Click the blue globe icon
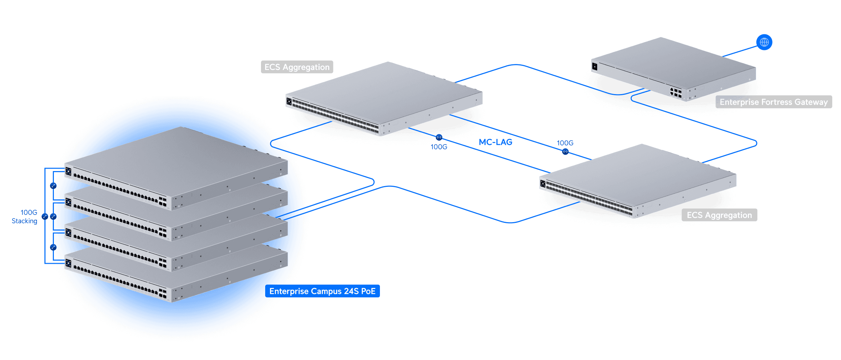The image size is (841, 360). tap(764, 42)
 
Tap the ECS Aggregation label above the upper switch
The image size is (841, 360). tap(297, 67)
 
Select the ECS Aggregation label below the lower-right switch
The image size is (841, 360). tap(719, 215)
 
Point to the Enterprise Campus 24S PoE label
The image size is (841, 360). tap(322, 291)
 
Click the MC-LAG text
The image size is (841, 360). tap(495, 142)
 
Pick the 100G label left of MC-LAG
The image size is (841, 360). tap(439, 147)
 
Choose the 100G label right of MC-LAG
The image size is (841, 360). tap(565, 143)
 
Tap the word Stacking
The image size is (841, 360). tap(24, 221)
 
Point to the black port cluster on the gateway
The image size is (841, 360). tap(676, 93)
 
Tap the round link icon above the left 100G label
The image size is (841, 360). tap(439, 137)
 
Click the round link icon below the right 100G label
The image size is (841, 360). tap(565, 152)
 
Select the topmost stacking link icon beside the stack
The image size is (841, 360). tap(53, 186)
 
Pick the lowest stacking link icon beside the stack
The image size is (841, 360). tap(53, 247)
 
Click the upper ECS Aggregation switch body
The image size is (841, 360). tap(385, 94)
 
